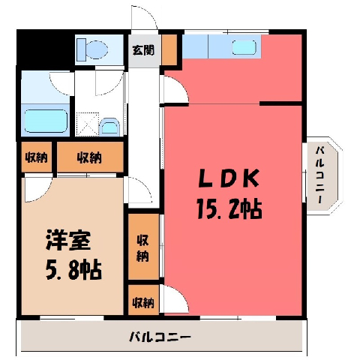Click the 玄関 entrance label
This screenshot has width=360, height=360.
[143, 50]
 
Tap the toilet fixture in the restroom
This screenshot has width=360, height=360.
[92, 49]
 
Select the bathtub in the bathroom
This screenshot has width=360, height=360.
[46, 121]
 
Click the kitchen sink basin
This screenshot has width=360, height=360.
[244, 47]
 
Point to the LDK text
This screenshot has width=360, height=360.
[229, 178]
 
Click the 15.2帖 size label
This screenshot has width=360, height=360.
[229, 208]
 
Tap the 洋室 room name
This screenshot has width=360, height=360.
[68, 241]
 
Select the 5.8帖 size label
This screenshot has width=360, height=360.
[73, 270]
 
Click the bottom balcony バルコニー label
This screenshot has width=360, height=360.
[160, 337]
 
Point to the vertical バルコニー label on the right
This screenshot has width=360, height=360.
[320, 175]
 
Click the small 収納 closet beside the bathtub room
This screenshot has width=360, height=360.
[37, 157]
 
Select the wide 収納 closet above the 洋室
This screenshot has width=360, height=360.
[90, 157]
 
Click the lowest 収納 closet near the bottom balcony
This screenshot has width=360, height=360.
[143, 300]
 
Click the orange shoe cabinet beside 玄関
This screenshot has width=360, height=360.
[169, 49]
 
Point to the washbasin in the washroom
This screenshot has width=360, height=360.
[109, 127]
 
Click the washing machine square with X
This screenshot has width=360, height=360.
[88, 124]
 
